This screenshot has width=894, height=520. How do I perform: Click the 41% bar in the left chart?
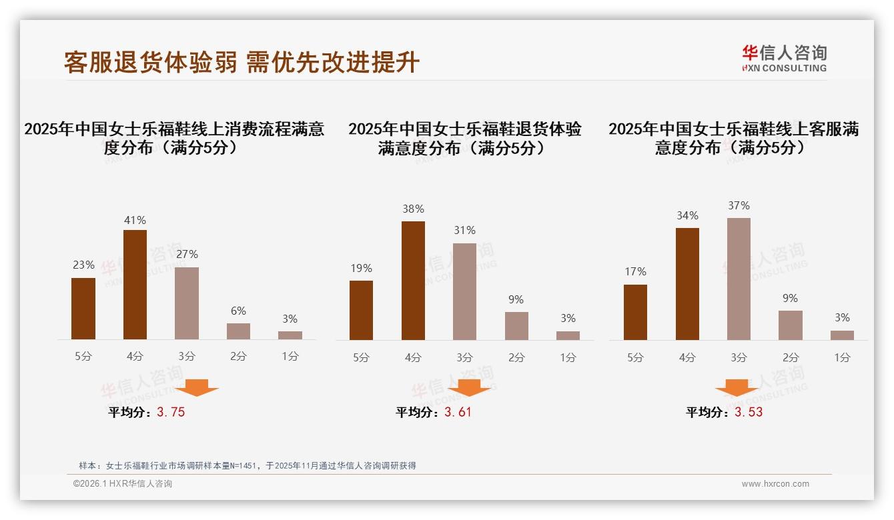click(x=135, y=285)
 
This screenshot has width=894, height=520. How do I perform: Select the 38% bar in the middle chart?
click(x=413, y=281)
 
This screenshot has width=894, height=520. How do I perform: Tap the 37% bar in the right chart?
click(x=739, y=279)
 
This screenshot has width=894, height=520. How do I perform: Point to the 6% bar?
click(x=238, y=331)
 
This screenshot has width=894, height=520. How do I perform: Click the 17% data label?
click(x=635, y=272)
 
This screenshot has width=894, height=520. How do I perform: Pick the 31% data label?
click(x=464, y=231)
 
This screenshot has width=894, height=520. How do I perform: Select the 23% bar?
click(x=83, y=309)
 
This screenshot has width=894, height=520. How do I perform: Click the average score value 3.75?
click(x=171, y=413)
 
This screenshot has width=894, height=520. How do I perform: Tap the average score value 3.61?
click(x=458, y=413)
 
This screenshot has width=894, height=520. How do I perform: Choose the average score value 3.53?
click(x=749, y=413)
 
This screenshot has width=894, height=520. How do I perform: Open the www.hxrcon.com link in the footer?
click(x=775, y=484)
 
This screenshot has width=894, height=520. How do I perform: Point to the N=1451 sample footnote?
click(x=248, y=466)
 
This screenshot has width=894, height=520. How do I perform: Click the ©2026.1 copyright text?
click(x=123, y=484)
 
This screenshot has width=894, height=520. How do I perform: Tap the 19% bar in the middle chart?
click(x=361, y=310)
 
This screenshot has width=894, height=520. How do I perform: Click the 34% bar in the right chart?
click(x=687, y=284)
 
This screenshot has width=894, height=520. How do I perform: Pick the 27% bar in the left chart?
click(x=187, y=303)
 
